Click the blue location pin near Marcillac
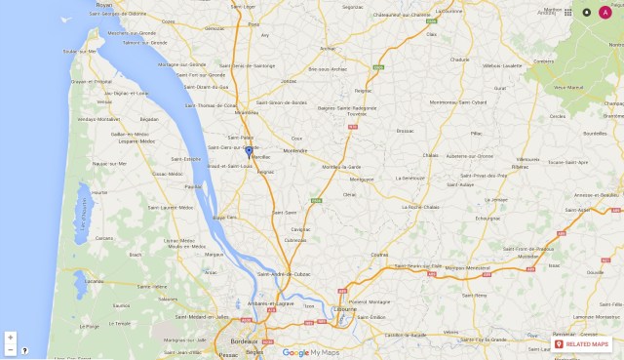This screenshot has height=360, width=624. (x=249, y=151)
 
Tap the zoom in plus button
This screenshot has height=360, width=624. (x=10, y=337)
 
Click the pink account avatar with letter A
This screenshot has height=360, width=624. (x=605, y=12)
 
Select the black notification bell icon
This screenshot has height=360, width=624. (x=587, y=12)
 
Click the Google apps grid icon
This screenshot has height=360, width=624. (x=568, y=12)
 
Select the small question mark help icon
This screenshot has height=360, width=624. (x=24, y=349)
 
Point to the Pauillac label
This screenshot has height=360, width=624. (x=192, y=185)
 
